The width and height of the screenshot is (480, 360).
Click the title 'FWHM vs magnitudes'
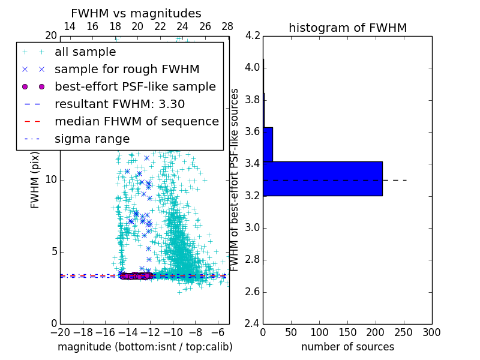pos(136,14)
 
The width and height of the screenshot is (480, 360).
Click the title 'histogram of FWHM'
pos(347,28)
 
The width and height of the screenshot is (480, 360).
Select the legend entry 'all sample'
pos(85,52)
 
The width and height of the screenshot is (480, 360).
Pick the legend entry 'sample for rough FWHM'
pos(127,70)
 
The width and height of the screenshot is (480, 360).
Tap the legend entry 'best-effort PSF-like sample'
pos(135,87)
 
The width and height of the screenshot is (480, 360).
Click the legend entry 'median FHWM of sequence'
pos(136,122)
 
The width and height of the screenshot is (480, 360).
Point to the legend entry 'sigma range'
pos(92,139)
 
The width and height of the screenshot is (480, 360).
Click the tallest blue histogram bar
pos(322,178)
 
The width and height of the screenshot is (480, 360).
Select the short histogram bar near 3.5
pos(268,144)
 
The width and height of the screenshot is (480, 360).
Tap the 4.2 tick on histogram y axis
pos(253,35)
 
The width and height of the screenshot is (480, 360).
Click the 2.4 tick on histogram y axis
pos(253,324)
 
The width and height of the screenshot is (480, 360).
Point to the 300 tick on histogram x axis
pos(431,332)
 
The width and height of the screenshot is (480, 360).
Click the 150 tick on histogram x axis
pos(347,332)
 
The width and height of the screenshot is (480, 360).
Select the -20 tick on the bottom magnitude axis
pos(59,332)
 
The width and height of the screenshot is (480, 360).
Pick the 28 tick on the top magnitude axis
pos(227,26)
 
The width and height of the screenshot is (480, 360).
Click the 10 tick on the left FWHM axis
pos(52,179)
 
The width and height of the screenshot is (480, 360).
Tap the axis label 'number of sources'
pos(347,347)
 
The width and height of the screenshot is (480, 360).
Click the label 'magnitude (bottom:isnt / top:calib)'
pos(145,347)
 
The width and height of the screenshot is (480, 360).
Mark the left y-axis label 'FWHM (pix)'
pos(35,179)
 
